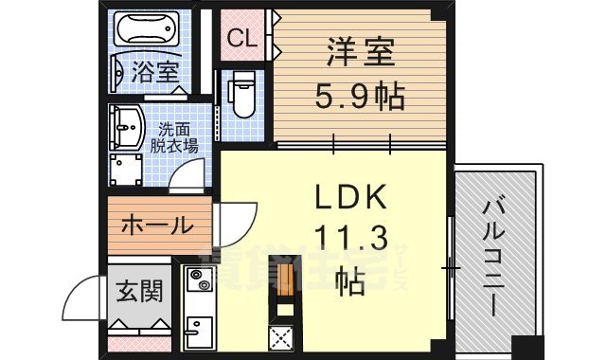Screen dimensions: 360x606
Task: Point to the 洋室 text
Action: pos(358,52)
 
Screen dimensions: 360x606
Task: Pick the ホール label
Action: pos(155,227)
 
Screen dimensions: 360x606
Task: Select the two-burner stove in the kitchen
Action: pos(199,281)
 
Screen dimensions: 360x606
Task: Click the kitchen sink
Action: pos(199,334)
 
